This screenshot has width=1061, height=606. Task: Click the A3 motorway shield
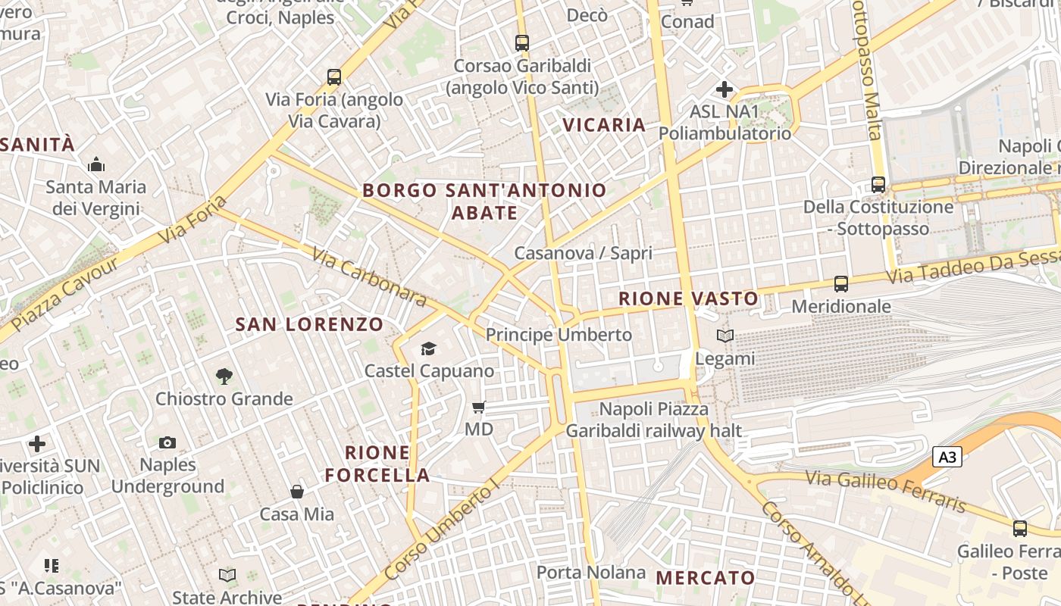point(947,457)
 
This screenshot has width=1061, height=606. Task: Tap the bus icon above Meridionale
point(840,284)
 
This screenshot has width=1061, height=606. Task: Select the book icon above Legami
point(725,336)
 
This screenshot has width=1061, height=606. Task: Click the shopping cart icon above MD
point(478,408)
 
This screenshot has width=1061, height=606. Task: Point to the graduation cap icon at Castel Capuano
point(429,348)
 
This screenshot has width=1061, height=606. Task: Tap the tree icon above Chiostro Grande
point(224,376)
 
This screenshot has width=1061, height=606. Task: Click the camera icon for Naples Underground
point(167,442)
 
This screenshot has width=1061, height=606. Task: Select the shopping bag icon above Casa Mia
point(297,492)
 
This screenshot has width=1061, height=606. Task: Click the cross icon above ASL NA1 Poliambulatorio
point(724,89)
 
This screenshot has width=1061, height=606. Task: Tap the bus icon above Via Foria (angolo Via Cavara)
point(334,77)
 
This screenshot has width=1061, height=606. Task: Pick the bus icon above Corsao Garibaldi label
point(521,42)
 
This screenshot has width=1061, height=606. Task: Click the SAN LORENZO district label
point(309,325)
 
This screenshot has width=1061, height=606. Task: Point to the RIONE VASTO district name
point(688,298)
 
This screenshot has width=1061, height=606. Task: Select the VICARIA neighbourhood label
point(604,125)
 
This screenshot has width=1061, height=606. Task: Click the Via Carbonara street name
point(369,278)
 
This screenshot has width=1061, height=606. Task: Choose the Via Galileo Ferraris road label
point(885,491)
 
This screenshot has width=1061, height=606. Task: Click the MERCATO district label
point(706,578)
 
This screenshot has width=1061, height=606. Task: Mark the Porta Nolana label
point(591,572)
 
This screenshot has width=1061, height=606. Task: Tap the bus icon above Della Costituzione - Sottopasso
point(878,184)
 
